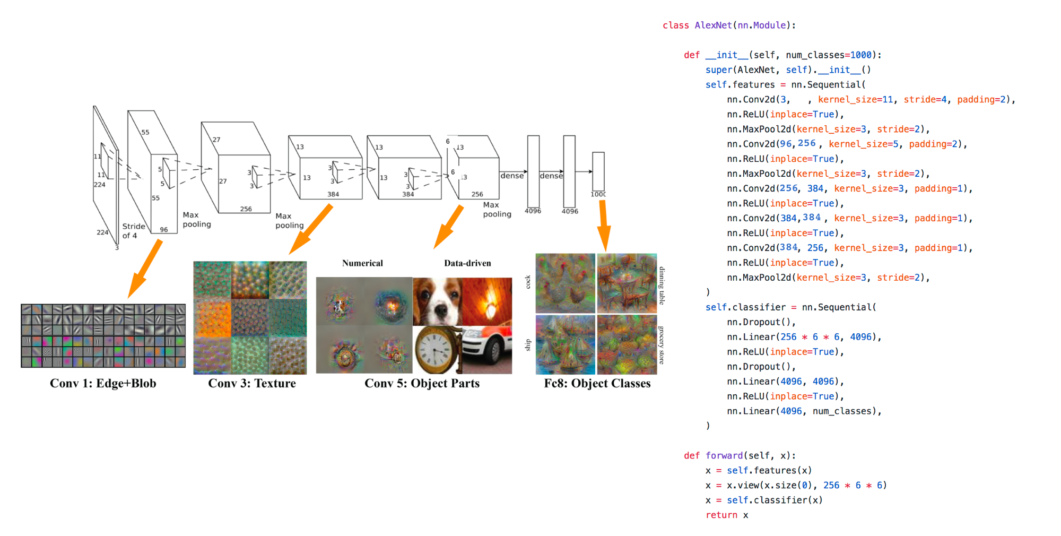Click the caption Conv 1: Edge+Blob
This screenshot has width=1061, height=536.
tap(103, 383)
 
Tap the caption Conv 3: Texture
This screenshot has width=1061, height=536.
tap(252, 383)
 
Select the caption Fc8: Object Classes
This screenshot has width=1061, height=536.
tap(597, 383)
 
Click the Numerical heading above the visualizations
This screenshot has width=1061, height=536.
tap(362, 263)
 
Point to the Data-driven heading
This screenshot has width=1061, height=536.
tap(467, 263)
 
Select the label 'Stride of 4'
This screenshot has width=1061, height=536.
tap(133, 231)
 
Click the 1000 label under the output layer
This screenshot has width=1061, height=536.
tap(598, 194)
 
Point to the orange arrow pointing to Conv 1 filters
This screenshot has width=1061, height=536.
tap(145, 269)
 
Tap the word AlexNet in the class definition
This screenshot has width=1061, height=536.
tap(714, 25)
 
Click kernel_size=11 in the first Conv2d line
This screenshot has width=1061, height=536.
tap(856, 99)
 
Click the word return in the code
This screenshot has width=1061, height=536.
tap(721, 515)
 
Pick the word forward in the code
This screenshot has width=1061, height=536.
tap(724, 455)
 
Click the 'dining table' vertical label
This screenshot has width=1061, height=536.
tap(662, 286)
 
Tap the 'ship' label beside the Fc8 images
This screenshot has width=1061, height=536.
tap(528, 345)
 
